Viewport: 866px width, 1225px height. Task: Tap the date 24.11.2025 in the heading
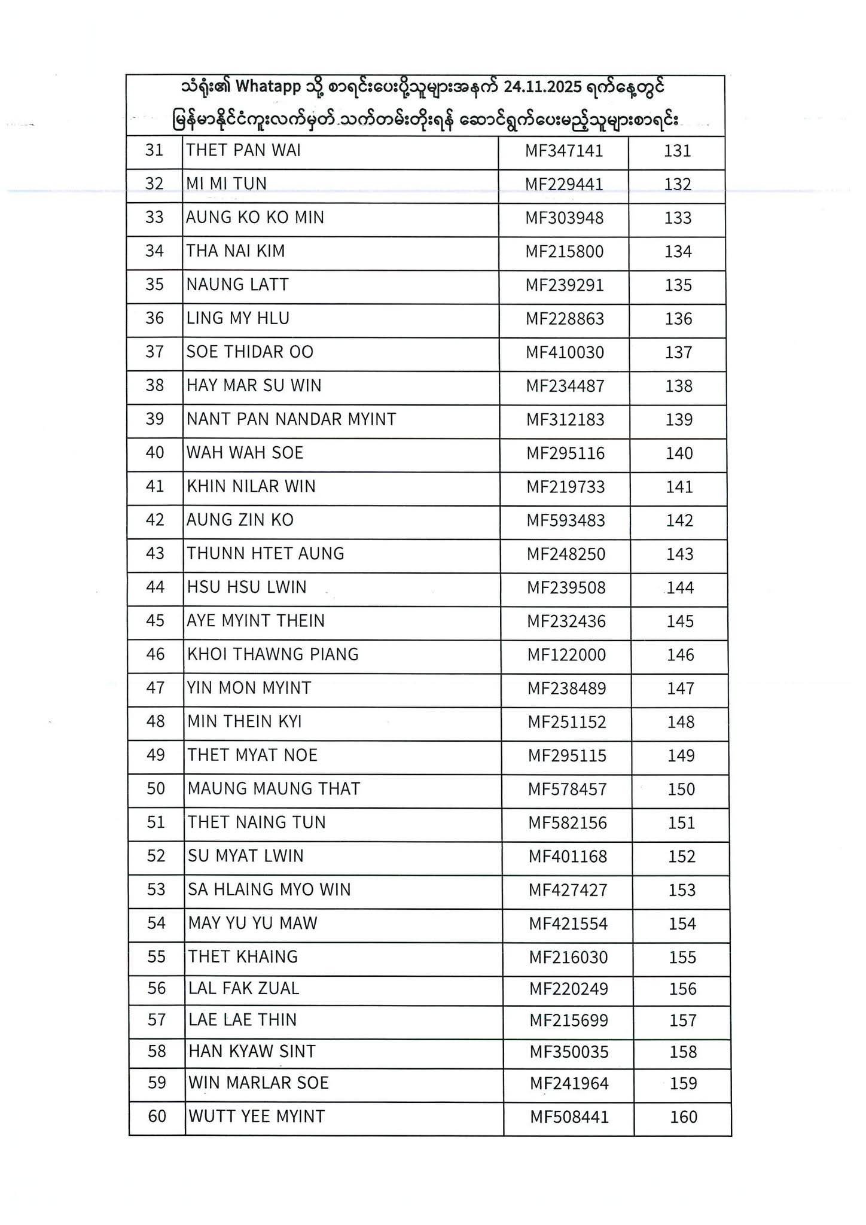(542, 88)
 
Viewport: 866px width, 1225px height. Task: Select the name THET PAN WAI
(243, 150)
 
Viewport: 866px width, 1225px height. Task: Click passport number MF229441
(564, 184)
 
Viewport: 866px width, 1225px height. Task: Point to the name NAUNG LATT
(237, 285)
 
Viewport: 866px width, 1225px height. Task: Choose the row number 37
(154, 352)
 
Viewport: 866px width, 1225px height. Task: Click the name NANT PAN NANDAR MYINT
(291, 419)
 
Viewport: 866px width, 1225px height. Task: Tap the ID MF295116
(565, 453)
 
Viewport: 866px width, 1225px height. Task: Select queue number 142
(679, 520)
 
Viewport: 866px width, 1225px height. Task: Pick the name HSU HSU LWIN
(246, 587)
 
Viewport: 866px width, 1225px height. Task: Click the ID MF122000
(566, 655)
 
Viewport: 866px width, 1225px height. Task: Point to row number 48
(155, 721)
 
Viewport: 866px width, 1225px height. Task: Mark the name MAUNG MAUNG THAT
(274, 789)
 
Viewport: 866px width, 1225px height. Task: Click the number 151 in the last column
(681, 823)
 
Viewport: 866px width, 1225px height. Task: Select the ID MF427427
(568, 890)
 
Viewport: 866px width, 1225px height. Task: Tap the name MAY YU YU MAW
(252, 924)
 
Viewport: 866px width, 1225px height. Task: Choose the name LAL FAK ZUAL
(243, 988)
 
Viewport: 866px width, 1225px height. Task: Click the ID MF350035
(569, 1052)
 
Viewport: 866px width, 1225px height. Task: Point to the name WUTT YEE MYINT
(257, 1116)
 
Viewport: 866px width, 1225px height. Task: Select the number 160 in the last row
(684, 1117)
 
